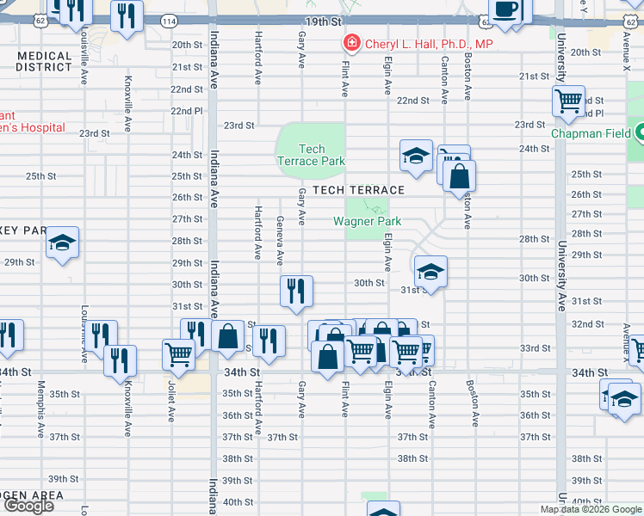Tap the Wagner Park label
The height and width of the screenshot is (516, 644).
click(368, 221)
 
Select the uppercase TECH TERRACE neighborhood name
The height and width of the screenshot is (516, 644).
click(358, 190)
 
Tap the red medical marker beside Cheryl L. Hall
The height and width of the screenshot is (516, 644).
click(351, 43)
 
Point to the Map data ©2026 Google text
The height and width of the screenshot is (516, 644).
click(591, 509)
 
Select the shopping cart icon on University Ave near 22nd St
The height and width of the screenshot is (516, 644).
click(569, 101)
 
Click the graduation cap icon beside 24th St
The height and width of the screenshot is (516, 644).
click(416, 156)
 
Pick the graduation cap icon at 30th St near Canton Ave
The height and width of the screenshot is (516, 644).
click(430, 272)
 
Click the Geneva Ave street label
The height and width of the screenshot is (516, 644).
click(280, 242)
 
